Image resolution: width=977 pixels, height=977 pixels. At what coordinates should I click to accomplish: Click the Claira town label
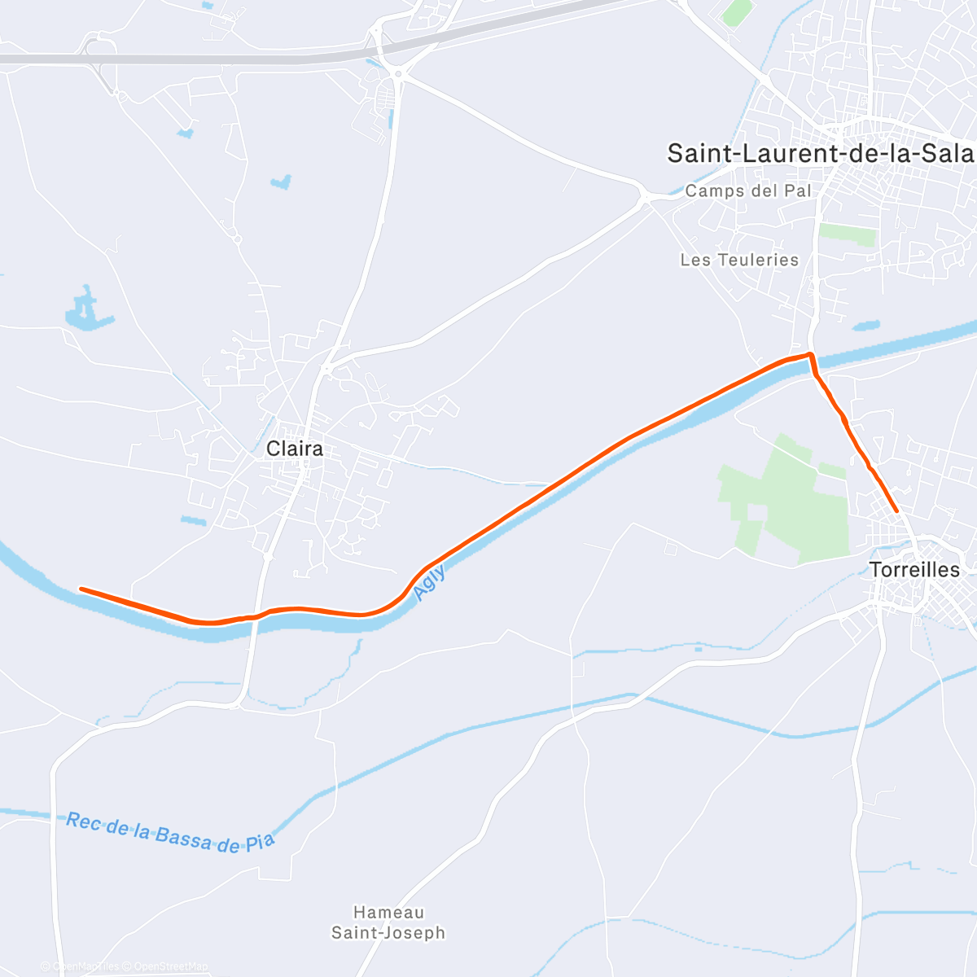point(295,449)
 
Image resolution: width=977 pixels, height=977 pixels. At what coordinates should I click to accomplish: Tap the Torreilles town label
point(915,570)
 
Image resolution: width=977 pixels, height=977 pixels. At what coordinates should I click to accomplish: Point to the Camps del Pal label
point(748,191)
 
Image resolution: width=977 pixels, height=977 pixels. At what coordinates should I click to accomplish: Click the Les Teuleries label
point(739,260)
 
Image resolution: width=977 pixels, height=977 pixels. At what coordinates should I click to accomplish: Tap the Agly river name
point(429,583)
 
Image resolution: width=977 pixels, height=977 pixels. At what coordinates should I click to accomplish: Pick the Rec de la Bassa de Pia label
point(170,832)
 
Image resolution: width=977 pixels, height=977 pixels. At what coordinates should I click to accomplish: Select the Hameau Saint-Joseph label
point(388,922)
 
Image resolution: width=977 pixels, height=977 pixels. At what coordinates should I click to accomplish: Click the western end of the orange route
point(81,588)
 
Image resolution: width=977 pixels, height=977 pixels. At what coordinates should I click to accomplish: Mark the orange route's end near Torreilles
point(896,510)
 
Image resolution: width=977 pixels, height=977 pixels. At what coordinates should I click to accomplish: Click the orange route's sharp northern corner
point(810,354)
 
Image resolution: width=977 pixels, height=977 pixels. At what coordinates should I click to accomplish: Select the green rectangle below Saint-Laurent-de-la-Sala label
point(848,234)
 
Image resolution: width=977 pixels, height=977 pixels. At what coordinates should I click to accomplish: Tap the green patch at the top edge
point(737,11)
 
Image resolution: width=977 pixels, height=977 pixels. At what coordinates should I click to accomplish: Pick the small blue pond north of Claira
point(282,182)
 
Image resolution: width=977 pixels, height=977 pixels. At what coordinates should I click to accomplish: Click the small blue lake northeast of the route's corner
point(866,326)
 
